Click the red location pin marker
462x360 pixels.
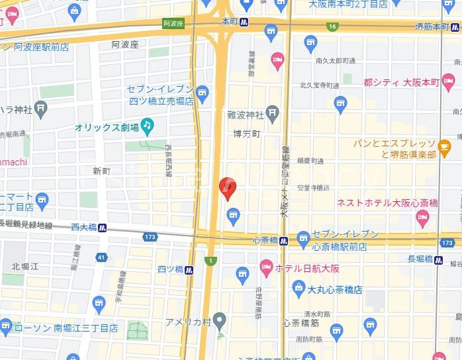[227, 189]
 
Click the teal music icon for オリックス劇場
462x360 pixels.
[147, 124]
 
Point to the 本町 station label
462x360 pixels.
[229, 22]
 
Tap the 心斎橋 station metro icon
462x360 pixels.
[283, 241]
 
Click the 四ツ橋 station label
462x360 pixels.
[170, 269]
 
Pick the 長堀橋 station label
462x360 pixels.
[420, 259]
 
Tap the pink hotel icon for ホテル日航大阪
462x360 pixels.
[266, 268]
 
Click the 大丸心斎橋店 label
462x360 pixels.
[336, 289]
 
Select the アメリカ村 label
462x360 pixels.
[189, 322]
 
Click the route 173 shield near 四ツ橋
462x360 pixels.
[150, 236]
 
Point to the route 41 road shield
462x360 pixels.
[101, 256]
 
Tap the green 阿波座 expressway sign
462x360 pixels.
[173, 23]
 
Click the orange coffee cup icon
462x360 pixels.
[444, 146]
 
